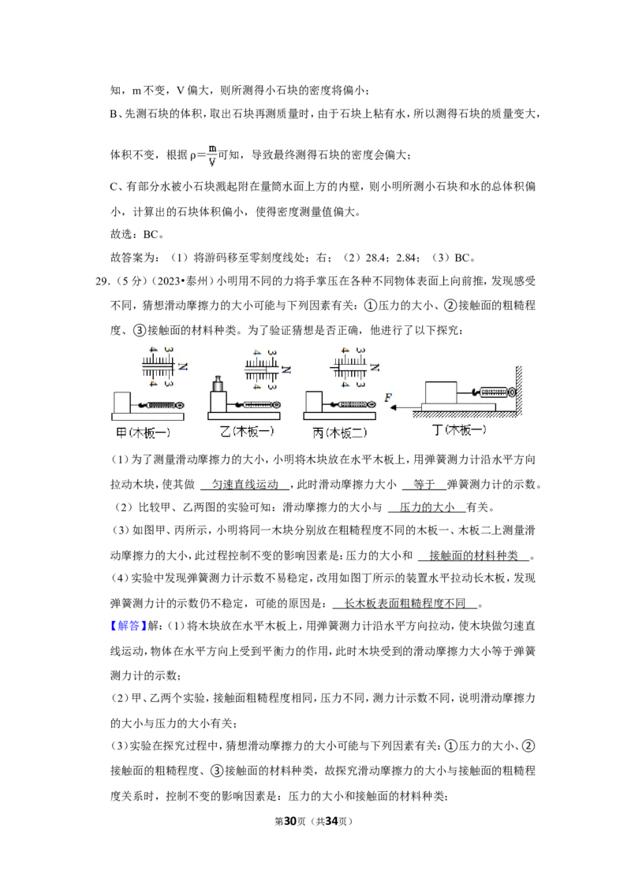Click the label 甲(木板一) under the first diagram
pyautogui.click(x=143, y=433)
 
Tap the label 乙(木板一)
pyautogui.click(x=247, y=431)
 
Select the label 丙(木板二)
pyautogui.click(x=339, y=433)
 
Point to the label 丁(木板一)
pyautogui.click(x=460, y=430)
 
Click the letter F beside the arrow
pyautogui.click(x=388, y=397)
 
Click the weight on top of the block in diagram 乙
pyautogui.click(x=218, y=384)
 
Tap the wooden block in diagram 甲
pyautogui.click(x=122, y=403)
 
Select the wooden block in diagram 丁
pyautogui.click(x=441, y=392)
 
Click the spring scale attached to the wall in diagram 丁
pyautogui.click(x=494, y=392)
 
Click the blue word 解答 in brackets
pyautogui.click(x=128, y=626)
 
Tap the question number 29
pyautogui.click(x=103, y=281)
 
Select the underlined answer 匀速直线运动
pyautogui.click(x=245, y=484)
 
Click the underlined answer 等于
pyautogui.click(x=424, y=484)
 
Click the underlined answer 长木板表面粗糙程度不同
pyautogui.click(x=405, y=603)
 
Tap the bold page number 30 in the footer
pyautogui.click(x=290, y=821)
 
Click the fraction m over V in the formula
pyautogui.click(x=212, y=154)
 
